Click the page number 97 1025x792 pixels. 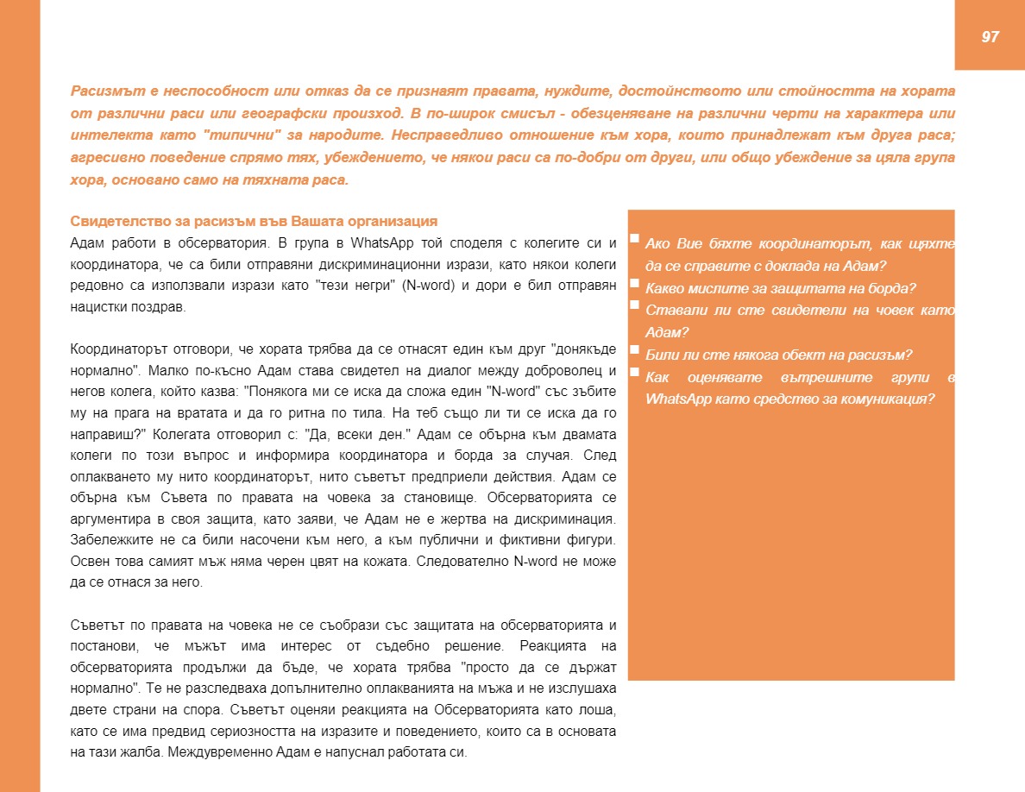click(x=990, y=36)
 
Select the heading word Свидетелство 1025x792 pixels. click(x=110, y=221)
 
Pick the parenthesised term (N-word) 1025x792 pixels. click(x=427, y=286)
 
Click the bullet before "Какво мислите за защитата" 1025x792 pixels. click(x=634, y=282)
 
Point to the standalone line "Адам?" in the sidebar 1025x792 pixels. click(x=663, y=332)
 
